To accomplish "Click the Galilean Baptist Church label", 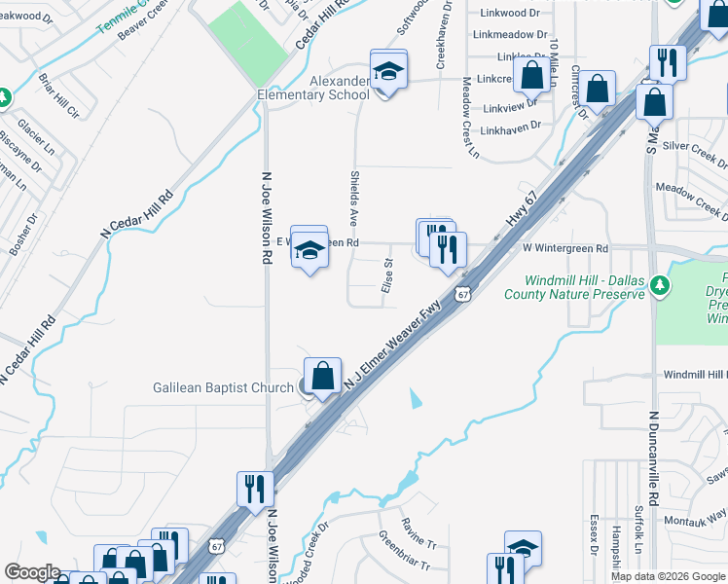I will click(223, 387).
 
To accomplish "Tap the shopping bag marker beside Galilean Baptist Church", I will click(322, 375).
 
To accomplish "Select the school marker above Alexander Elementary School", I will click(387, 71).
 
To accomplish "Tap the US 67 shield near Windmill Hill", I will click(463, 293).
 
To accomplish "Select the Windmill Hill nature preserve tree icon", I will click(661, 285).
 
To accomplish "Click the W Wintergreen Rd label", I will click(565, 248).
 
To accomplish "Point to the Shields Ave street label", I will click(354, 200).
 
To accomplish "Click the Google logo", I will click(32, 572).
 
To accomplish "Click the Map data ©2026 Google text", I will click(668, 576).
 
